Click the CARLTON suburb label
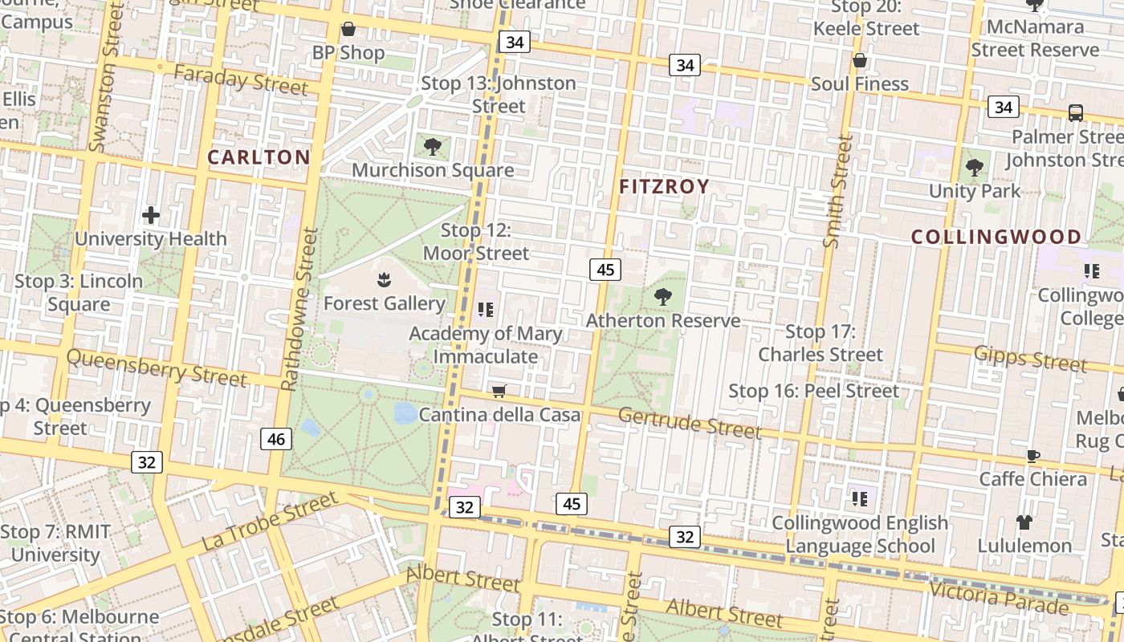pos(259,157)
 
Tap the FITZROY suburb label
pos(665,187)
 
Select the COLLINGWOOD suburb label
pos(996,238)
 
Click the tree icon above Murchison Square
pos(433,147)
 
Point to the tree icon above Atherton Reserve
pos(663,297)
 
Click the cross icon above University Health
pos(151,215)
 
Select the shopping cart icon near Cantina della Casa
pos(499,392)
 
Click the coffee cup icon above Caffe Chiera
pos(1033,456)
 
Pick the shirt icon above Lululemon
pos(1024,522)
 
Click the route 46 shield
pos(275,439)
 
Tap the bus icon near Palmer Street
pos(1076,113)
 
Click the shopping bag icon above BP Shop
pos(348,30)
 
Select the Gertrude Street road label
pos(690,423)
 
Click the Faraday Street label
pos(240,79)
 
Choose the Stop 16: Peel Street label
pos(813,391)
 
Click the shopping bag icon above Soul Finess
pos(859,61)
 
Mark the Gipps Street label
pos(1030,358)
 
